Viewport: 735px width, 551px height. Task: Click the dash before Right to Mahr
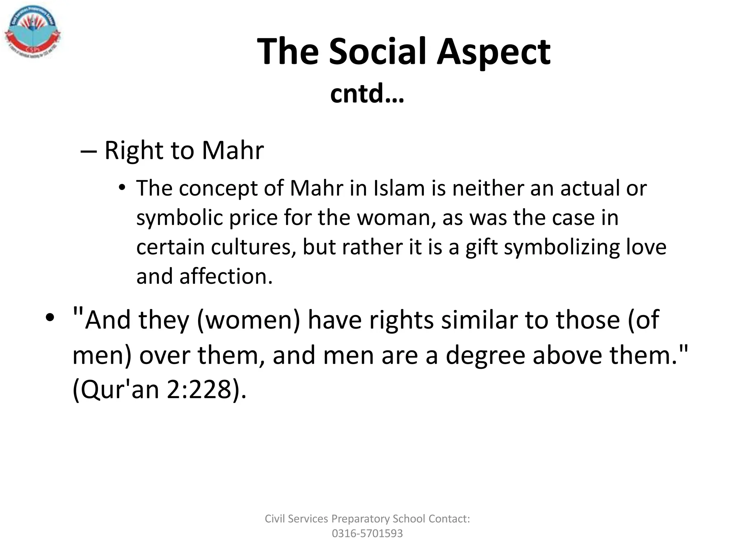click(89, 151)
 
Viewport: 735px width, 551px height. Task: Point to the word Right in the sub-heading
click(134, 151)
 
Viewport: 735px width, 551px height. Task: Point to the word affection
click(226, 277)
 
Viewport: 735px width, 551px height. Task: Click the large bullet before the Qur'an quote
click(50, 317)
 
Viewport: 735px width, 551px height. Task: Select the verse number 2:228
click(199, 390)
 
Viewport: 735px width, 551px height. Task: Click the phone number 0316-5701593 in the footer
click(367, 533)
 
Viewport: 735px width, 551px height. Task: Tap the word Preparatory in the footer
click(360, 519)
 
